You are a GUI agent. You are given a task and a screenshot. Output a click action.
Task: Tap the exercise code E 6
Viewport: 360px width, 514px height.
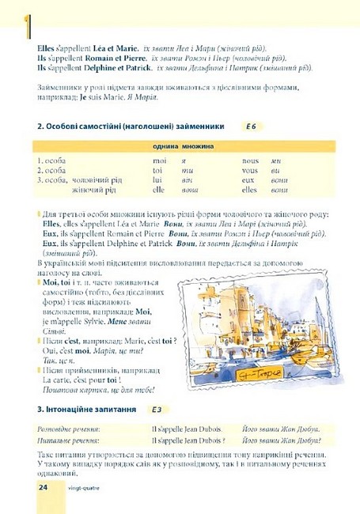[x=252, y=127]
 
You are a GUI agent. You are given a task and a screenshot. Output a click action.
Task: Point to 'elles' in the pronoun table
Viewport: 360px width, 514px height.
[x=250, y=190]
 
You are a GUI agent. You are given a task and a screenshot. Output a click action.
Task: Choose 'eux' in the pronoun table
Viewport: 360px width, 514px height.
[x=248, y=180]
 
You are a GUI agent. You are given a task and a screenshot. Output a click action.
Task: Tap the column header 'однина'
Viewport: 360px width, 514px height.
[x=165, y=146]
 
